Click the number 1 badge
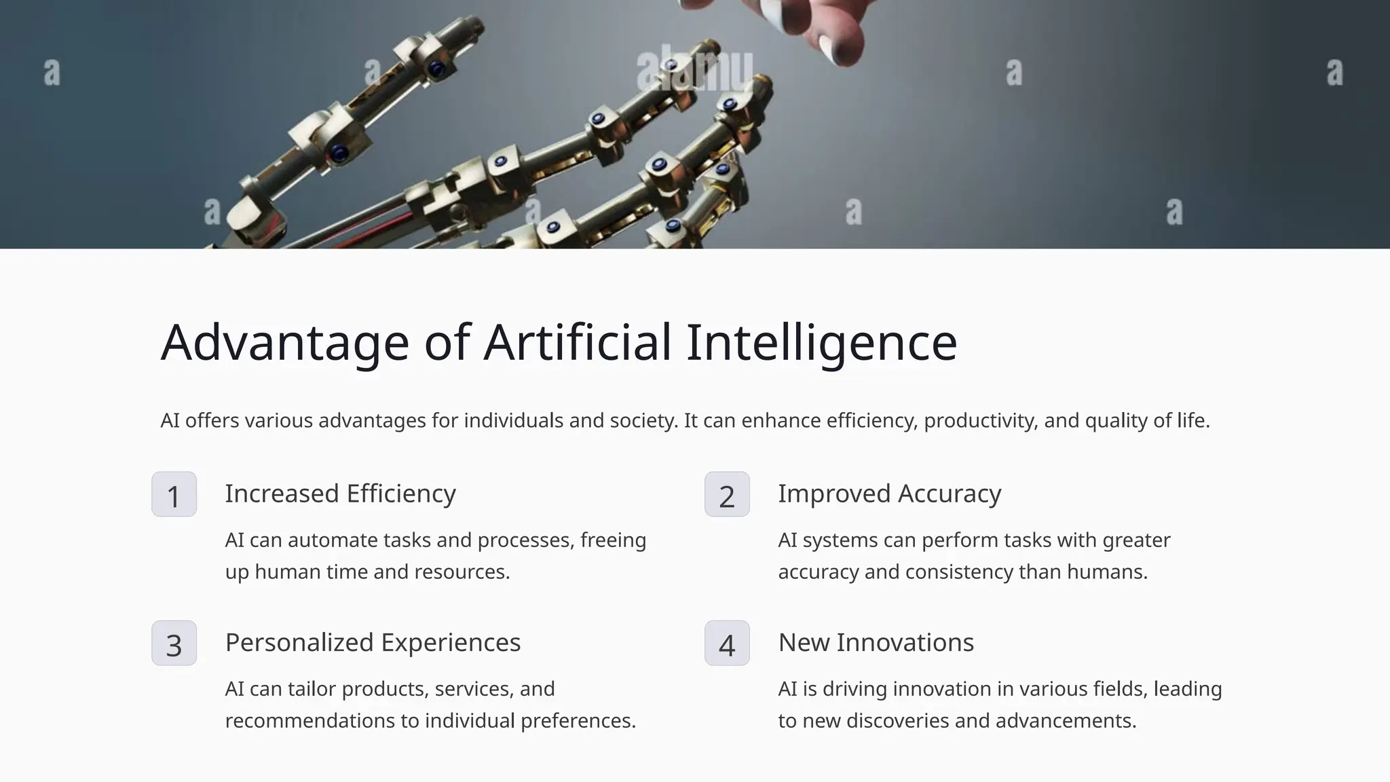174,494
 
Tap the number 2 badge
727,494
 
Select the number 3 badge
174,643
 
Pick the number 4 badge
727,643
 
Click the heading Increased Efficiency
340,494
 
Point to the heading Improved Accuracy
889,494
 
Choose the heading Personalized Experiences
373,642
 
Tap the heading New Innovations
876,642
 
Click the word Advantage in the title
284,343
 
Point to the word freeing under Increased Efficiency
613,540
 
